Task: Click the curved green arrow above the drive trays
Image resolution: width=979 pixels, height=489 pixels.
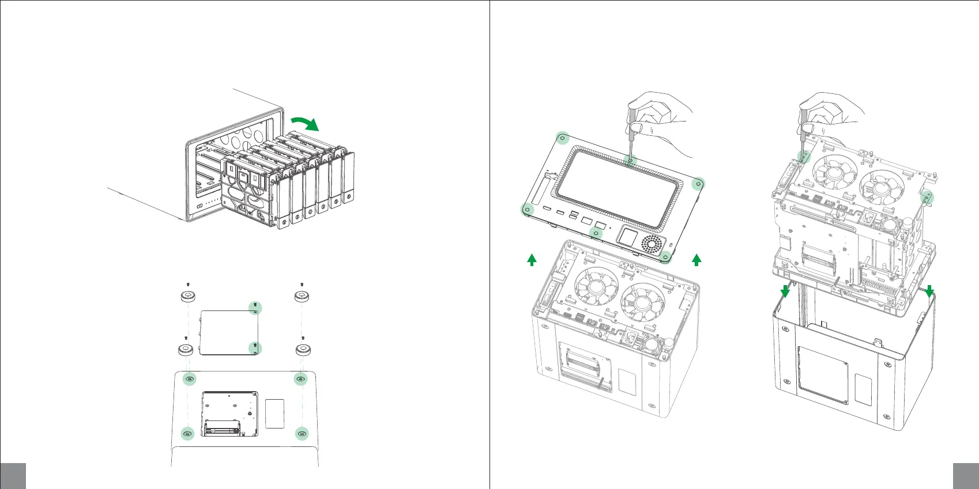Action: [304, 122]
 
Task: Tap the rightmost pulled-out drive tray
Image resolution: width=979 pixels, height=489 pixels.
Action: [348, 179]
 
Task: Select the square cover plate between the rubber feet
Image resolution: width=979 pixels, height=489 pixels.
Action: [228, 333]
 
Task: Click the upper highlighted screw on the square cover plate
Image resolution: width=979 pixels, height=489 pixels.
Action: [255, 308]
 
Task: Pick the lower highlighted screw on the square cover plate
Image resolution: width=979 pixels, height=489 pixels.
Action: [255, 347]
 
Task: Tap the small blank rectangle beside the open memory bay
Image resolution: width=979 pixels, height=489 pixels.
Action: [275, 413]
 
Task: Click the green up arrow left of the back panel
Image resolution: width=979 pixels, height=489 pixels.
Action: [532, 259]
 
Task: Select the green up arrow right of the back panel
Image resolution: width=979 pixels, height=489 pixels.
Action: [696, 259]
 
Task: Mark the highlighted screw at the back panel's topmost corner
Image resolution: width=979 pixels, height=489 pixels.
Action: [563, 138]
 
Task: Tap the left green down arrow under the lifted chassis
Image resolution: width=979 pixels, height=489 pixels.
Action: [785, 291]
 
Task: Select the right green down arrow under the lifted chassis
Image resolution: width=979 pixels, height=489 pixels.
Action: [929, 291]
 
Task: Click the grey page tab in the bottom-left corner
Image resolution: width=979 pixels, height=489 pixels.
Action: [13, 476]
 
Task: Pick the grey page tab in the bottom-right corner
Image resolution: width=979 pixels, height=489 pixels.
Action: [966, 476]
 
